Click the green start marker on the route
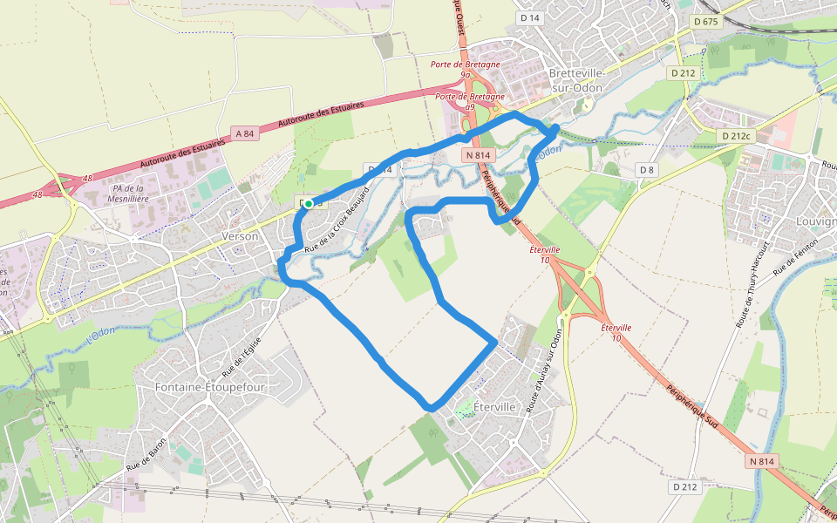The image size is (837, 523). (x=309, y=203)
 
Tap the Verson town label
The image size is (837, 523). (x=241, y=236)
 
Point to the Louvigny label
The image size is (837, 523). (x=817, y=221)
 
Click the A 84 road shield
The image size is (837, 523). (x=245, y=133)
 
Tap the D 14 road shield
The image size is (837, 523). (x=529, y=17)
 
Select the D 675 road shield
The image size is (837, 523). (x=705, y=21)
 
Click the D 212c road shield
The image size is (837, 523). (x=737, y=136)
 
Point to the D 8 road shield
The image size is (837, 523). (x=646, y=169)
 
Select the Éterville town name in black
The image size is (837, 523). (x=493, y=407)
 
